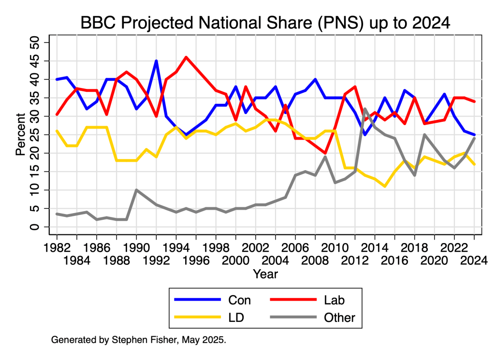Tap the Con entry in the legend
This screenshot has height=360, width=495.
(x=239, y=300)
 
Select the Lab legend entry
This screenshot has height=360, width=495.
(x=335, y=300)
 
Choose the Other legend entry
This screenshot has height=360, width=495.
(x=340, y=317)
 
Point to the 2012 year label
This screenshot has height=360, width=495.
(x=355, y=260)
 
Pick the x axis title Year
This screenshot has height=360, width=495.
(x=265, y=274)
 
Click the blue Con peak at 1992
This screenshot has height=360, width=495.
(x=156, y=61)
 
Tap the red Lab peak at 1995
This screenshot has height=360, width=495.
(x=186, y=57)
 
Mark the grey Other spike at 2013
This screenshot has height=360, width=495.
(x=365, y=109)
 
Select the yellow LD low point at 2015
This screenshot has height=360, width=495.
(x=385, y=186)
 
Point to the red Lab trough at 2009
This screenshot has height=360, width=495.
(x=325, y=153)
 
